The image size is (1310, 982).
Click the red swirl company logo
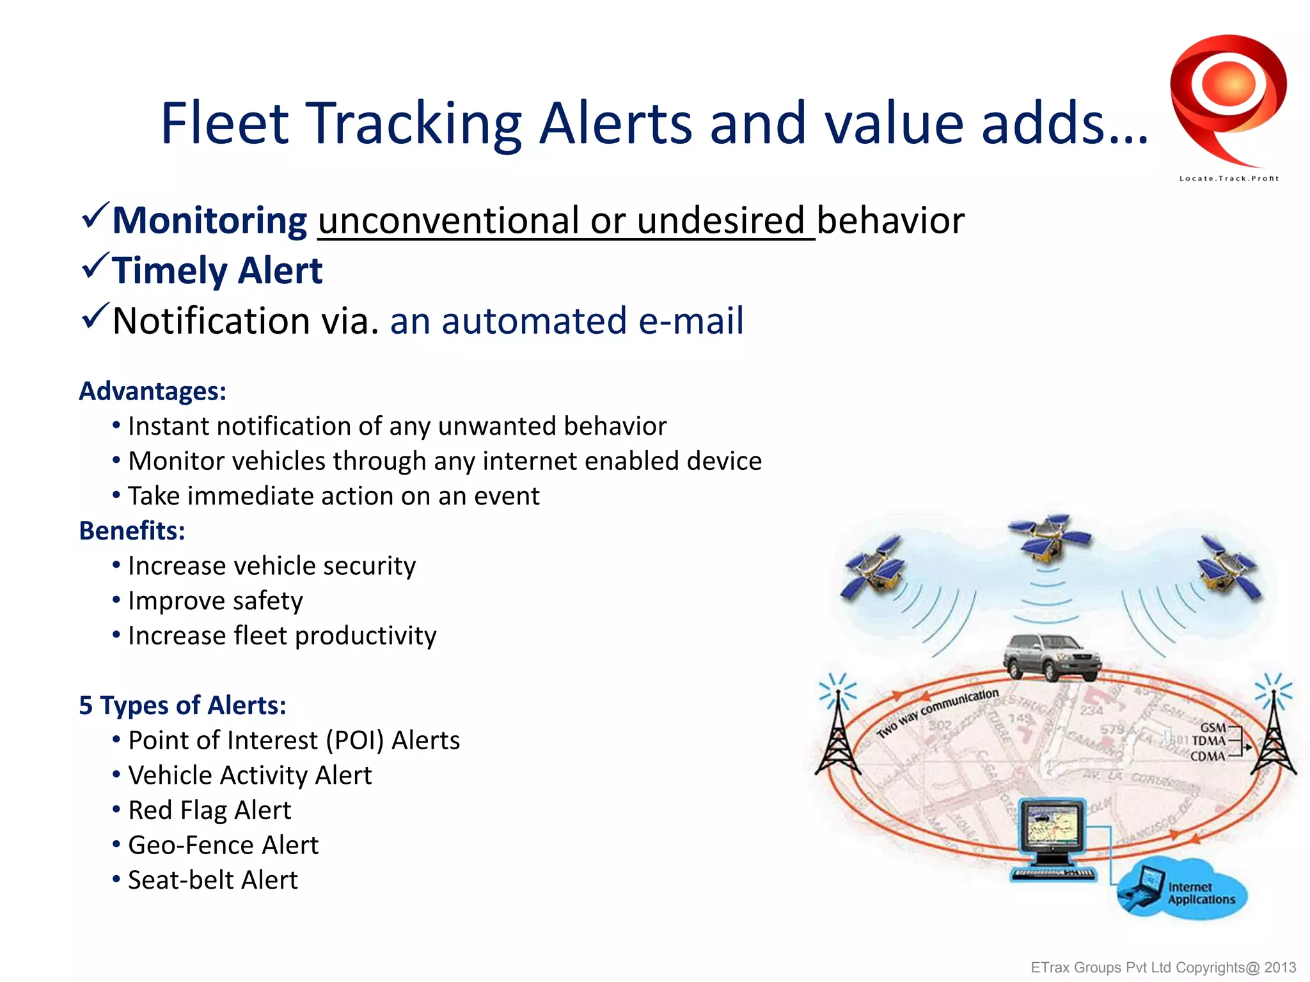point(1227,96)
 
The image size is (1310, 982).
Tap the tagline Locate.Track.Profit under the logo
point(1228,178)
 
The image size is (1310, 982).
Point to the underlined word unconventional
point(449,221)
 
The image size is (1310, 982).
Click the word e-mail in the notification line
point(691,320)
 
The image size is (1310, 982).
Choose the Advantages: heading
point(152,391)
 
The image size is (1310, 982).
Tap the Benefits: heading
point(132,531)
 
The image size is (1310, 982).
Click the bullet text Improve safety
point(215,601)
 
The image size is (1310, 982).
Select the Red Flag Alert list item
point(209,810)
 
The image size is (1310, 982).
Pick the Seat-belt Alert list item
point(212,880)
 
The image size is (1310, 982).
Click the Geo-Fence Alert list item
point(223,845)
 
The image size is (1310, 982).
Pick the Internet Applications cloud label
point(1201,893)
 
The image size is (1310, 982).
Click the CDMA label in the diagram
point(1207,756)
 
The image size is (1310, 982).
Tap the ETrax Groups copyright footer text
point(1163,967)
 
